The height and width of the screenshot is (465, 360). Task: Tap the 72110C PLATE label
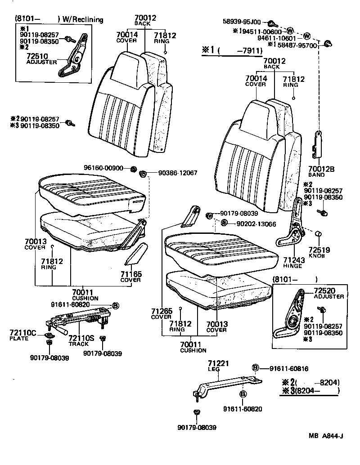(x=22, y=335)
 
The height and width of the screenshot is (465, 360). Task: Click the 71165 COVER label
(x=130, y=276)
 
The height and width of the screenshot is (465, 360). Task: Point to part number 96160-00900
(x=103, y=168)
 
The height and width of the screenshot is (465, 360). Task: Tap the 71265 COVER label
(x=160, y=313)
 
